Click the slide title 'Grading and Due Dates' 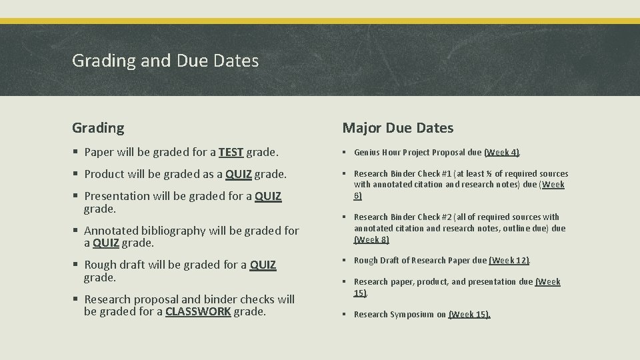[165, 61]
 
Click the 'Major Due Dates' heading [397, 127]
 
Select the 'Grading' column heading [98, 127]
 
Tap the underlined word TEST [231, 153]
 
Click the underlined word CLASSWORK [198, 311]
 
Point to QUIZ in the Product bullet [239, 174]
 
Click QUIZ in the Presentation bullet [268, 196]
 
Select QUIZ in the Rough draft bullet [263, 265]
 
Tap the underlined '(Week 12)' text [509, 260]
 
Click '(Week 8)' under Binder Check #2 [371, 239]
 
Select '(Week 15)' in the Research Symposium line [469, 314]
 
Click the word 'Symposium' [412, 314]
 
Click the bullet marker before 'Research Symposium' [346, 314]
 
